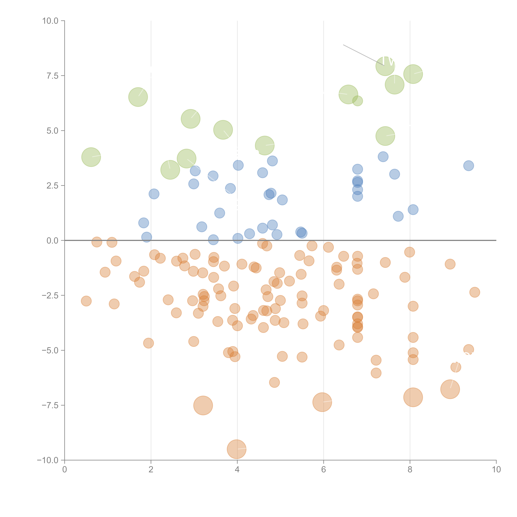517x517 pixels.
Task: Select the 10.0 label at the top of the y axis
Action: click(50, 21)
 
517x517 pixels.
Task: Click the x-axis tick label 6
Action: click(324, 470)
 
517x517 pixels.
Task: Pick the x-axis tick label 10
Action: click(496, 470)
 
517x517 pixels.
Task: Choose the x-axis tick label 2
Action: click(151, 470)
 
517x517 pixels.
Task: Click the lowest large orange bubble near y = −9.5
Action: click(237, 449)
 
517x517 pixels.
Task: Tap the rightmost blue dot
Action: click(469, 166)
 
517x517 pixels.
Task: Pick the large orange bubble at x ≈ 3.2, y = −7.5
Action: click(203, 405)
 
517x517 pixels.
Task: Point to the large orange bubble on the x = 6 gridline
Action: click(322, 402)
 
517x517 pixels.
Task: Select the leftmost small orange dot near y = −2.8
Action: click(86, 301)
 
